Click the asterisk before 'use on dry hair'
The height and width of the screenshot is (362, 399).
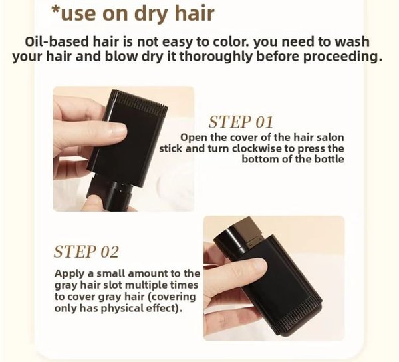[57, 13]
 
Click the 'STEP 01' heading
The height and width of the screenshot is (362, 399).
[241, 122]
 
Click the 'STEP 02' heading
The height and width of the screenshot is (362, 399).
[86, 252]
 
